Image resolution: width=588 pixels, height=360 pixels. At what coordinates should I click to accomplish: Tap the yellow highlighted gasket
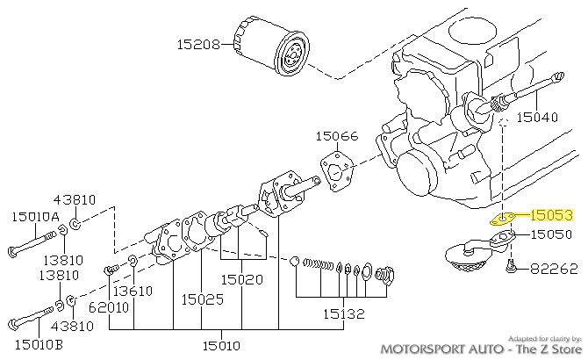click(x=501, y=218)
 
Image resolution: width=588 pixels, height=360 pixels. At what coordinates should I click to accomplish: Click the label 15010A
click(x=35, y=215)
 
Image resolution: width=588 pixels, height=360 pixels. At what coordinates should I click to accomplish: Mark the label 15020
click(x=242, y=279)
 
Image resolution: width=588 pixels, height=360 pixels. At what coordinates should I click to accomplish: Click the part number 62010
click(x=109, y=306)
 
